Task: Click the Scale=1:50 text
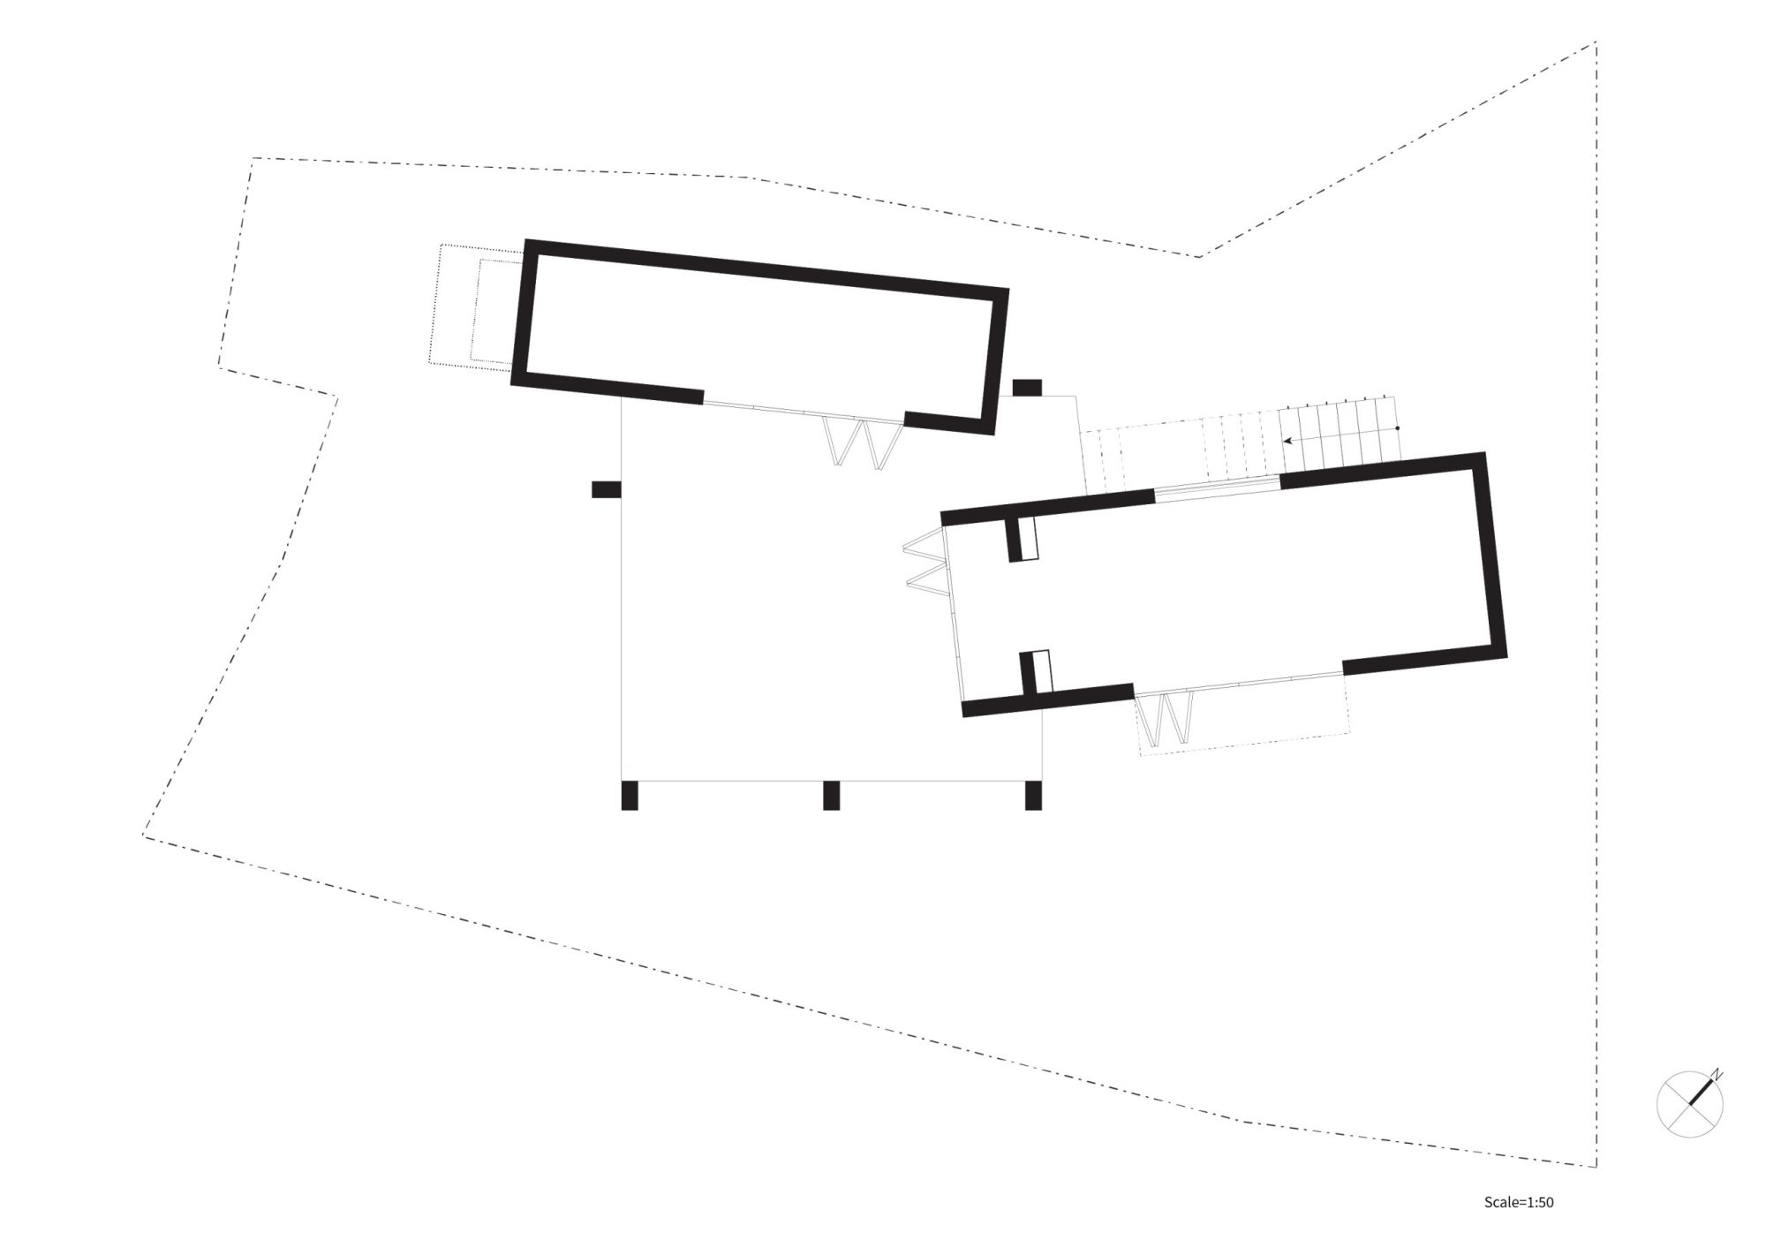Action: (x=1519, y=1202)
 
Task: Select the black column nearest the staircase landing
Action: (x=1027, y=387)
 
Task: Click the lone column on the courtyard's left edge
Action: (x=607, y=488)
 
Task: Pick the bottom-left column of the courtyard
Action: (x=630, y=795)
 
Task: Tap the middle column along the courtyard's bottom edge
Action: (x=831, y=795)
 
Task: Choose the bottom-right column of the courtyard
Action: (x=1033, y=795)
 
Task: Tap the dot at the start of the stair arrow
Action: (x=1397, y=428)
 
